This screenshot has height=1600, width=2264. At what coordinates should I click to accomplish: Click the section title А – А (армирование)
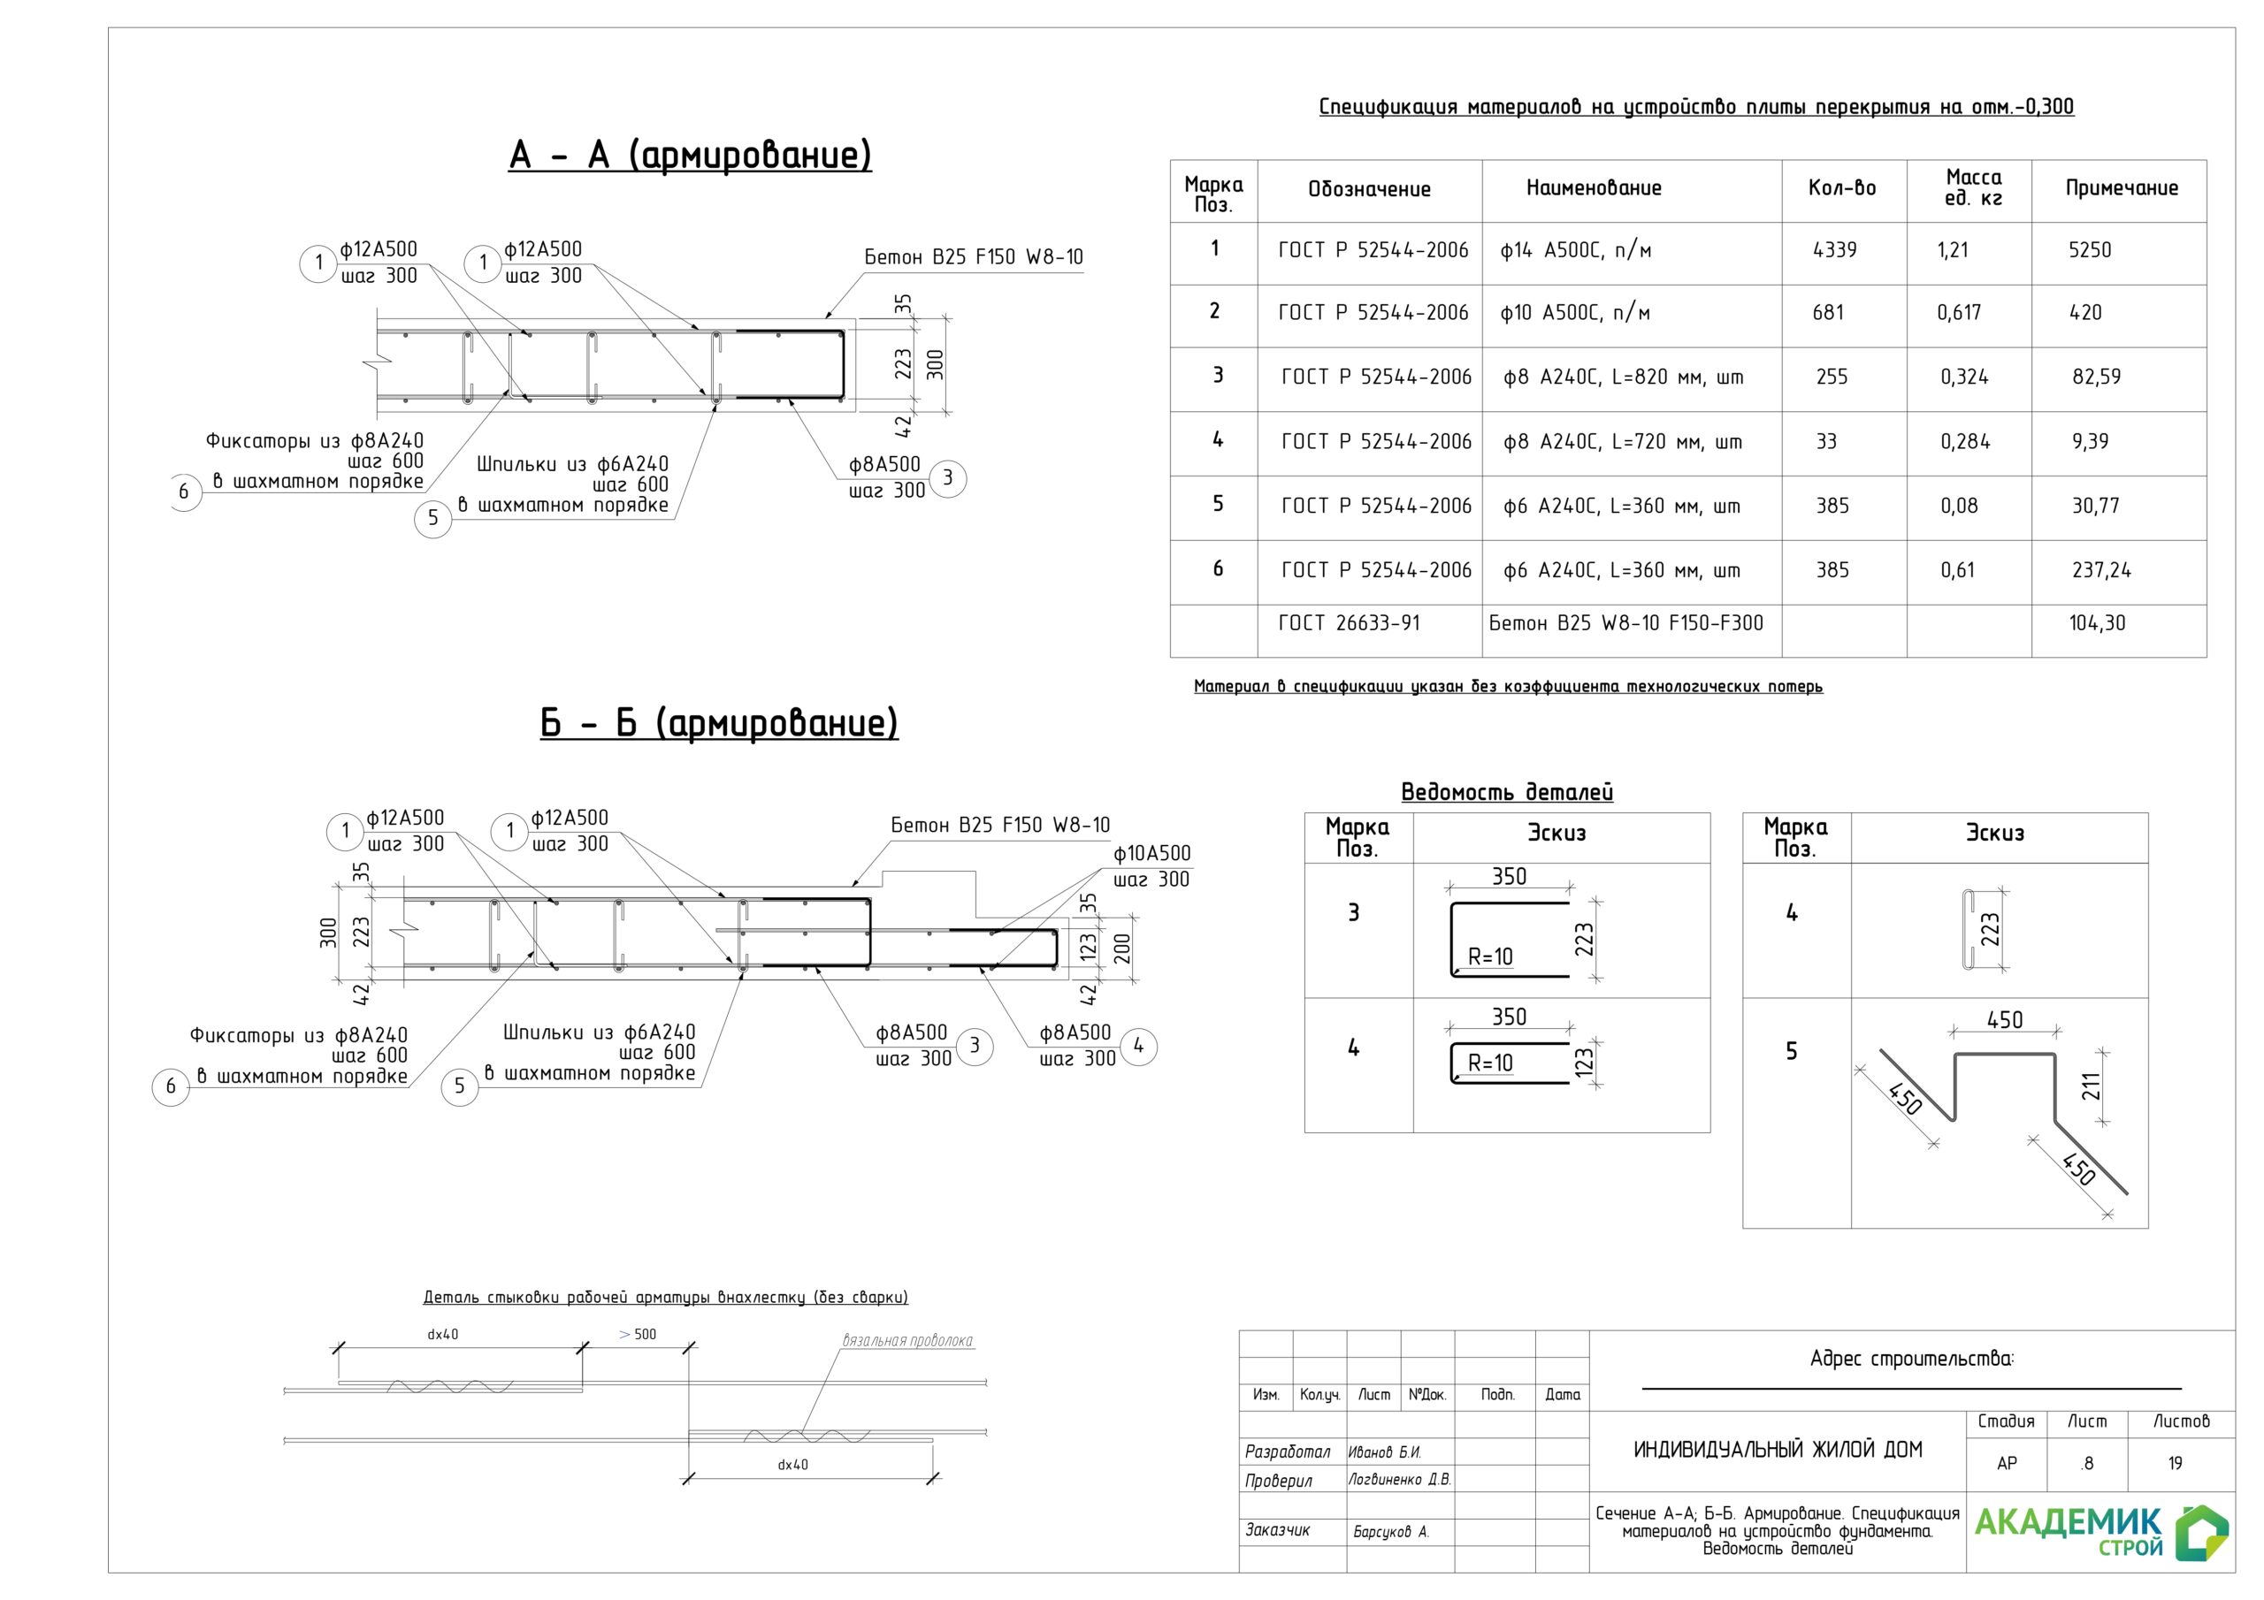pyautogui.click(x=690, y=156)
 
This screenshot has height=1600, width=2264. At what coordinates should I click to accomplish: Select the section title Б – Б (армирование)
pyautogui.click(x=719, y=724)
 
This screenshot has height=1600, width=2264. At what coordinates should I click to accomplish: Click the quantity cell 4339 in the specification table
pyautogui.click(x=1834, y=250)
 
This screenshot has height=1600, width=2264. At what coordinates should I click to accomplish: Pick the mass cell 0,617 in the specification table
pyautogui.click(x=1958, y=314)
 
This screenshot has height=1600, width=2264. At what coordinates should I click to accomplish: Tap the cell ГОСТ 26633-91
pyautogui.click(x=1349, y=623)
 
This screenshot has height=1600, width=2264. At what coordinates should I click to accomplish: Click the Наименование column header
pyautogui.click(x=1594, y=188)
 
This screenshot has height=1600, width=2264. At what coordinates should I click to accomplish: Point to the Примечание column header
pyautogui.click(x=2121, y=188)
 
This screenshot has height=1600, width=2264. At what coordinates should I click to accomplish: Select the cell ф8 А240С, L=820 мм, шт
pyautogui.click(x=1623, y=377)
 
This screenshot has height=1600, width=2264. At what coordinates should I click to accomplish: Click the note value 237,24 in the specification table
pyautogui.click(x=2101, y=571)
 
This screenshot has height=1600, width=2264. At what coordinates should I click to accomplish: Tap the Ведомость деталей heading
pyautogui.click(x=1507, y=793)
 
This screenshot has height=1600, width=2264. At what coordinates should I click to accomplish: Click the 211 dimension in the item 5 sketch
pyautogui.click(x=2092, y=1086)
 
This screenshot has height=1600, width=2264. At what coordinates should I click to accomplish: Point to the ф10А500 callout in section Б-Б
pyautogui.click(x=1151, y=854)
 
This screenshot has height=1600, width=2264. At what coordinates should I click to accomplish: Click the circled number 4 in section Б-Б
pyautogui.click(x=1138, y=1046)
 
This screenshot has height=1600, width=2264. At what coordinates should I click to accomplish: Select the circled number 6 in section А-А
pyautogui.click(x=183, y=491)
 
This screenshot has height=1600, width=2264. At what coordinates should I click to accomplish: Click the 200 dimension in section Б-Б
pyautogui.click(x=1122, y=949)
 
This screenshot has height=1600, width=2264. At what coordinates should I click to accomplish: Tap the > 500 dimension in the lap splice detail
pyautogui.click(x=637, y=1335)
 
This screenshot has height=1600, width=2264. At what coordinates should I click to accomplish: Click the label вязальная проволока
pyautogui.click(x=907, y=1341)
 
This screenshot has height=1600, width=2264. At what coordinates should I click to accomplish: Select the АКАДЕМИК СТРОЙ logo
pyautogui.click(x=2100, y=1531)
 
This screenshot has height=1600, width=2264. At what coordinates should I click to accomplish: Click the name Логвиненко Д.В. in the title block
pyautogui.click(x=1399, y=1480)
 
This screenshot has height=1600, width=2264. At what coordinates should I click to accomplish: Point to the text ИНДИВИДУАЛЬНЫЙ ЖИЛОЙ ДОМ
pyautogui.click(x=1777, y=1450)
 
